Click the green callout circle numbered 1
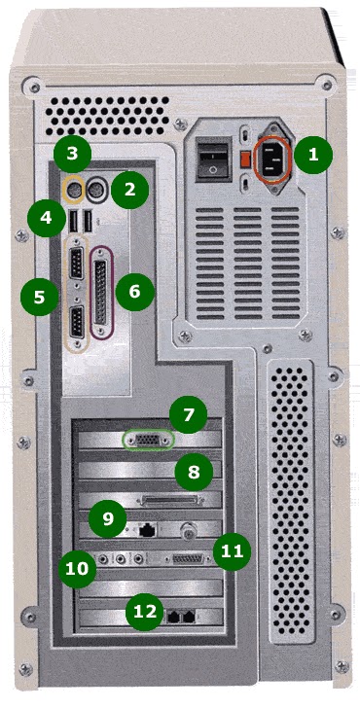tap(313, 155)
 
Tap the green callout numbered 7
tap(188, 413)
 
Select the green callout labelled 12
tap(146, 613)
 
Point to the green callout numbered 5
tap(39, 297)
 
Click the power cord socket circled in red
tap(271, 158)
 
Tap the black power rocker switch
tap(212, 160)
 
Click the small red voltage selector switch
tap(244, 159)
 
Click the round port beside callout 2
tap(96, 187)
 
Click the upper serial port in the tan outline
tap(77, 264)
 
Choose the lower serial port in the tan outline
tap(77, 322)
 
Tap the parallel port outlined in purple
tap(102, 291)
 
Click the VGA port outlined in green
tap(148, 440)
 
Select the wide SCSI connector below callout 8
tap(172, 500)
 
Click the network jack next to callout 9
tap(146, 530)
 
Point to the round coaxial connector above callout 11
tap(187, 530)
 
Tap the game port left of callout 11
tap(188, 559)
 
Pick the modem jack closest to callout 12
tap(173, 616)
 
